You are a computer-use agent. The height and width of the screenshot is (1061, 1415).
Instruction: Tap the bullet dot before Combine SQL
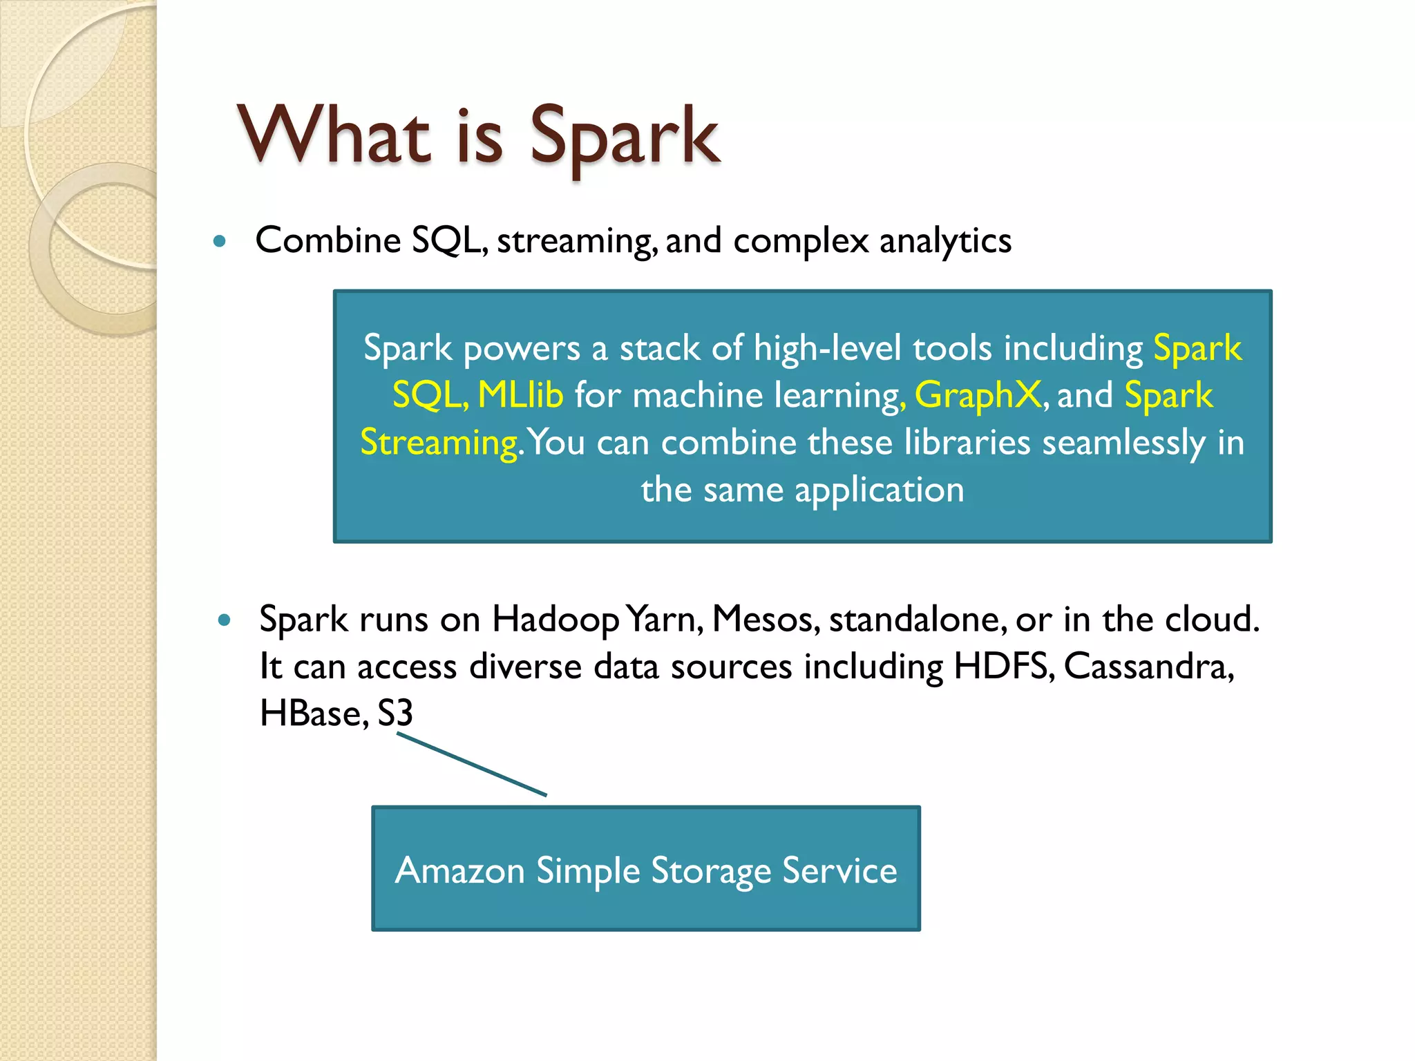[x=220, y=241]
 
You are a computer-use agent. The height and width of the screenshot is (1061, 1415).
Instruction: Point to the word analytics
[x=944, y=242]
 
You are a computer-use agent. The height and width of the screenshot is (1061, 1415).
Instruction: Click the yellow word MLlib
[x=520, y=395]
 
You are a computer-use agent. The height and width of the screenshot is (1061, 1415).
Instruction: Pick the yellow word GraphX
[x=977, y=396]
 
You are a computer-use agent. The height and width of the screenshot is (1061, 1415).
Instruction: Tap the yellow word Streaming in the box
[x=439, y=443]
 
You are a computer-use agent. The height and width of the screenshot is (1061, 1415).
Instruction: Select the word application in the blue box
[x=879, y=490]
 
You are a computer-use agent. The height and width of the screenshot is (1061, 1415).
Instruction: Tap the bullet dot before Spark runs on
[x=223, y=620]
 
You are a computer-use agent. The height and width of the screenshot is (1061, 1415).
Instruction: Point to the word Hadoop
[x=555, y=620]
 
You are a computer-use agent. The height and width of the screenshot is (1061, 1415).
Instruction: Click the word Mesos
[x=766, y=619]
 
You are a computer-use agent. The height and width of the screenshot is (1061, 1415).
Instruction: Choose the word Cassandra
[x=1148, y=667]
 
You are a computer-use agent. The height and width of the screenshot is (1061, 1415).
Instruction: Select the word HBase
[x=314, y=714]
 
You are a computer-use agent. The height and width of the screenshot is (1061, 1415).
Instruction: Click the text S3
[x=395, y=714]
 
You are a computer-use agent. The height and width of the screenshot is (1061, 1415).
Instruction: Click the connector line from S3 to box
[x=472, y=765]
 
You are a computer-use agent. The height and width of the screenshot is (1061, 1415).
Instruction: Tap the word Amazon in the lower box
[x=459, y=870]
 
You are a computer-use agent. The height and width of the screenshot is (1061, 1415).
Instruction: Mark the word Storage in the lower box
[x=710, y=871]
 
